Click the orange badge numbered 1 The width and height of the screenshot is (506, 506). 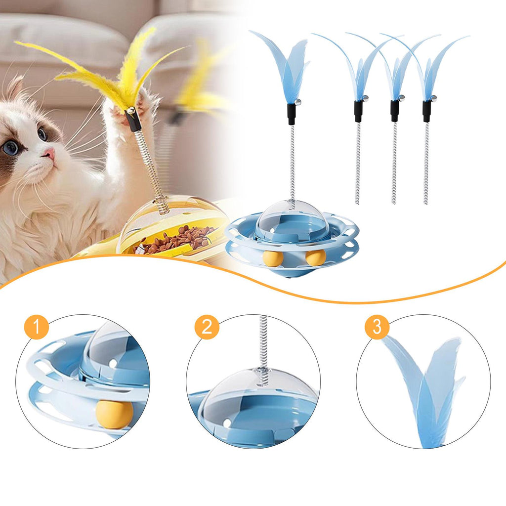37,327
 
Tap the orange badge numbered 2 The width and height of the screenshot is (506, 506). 207,327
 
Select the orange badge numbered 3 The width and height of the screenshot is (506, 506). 377,327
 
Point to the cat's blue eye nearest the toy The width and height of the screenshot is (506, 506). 42,133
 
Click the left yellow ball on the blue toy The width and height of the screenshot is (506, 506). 273,258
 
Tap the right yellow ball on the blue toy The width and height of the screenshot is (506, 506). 316,257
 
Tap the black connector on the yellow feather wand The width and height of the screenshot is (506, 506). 133,120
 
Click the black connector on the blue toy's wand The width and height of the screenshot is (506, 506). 292,114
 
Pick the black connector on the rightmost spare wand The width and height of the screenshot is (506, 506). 426,111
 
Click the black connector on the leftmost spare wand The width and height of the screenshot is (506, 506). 358,111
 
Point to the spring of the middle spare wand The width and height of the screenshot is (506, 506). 394,163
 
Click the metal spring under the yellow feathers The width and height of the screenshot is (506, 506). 152,171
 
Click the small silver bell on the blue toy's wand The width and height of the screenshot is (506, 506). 298,102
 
